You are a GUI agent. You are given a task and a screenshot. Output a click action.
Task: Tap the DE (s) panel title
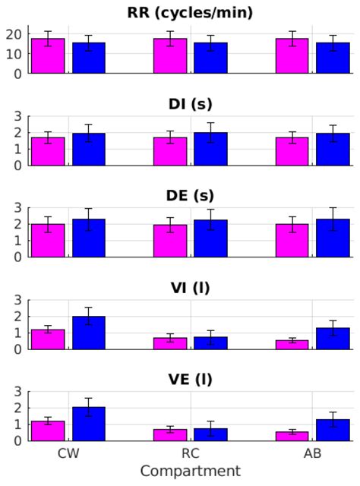(x=190, y=195)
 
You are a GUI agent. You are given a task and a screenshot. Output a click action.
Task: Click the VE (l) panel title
(x=190, y=379)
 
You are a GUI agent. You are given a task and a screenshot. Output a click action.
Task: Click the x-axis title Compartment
(x=190, y=472)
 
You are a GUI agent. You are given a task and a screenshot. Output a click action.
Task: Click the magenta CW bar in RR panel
(x=48, y=56)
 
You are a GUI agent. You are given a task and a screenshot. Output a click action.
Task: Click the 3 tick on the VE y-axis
(x=21, y=392)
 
